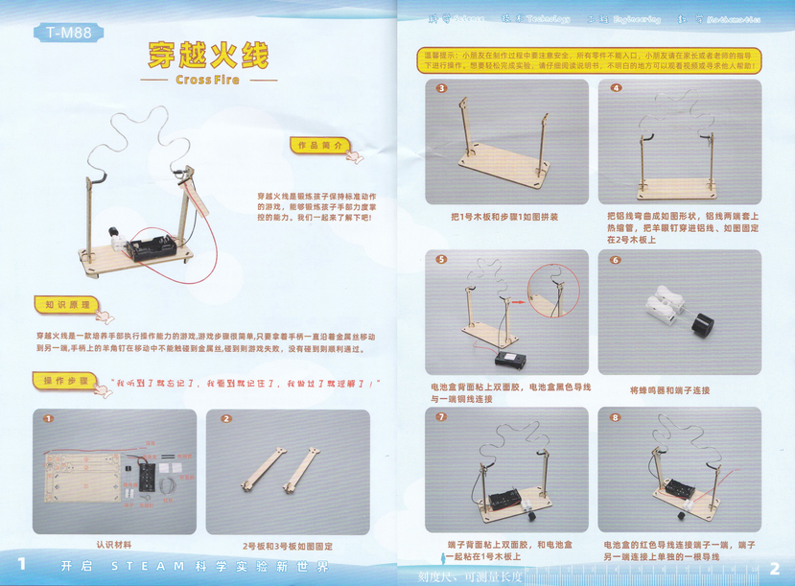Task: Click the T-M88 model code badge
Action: [68, 34]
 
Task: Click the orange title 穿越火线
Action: [207, 55]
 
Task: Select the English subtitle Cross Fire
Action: [207, 80]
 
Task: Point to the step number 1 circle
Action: [48, 419]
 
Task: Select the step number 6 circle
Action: [615, 260]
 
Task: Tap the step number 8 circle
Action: [615, 417]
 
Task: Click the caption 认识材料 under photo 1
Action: [114, 541]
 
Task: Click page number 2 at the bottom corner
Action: [775, 567]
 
